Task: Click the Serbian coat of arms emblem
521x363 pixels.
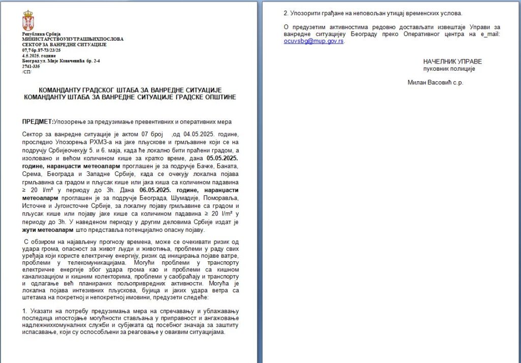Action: coord(28,20)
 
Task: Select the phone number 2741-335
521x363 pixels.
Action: coord(31,66)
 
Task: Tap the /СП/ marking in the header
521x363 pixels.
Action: coord(26,72)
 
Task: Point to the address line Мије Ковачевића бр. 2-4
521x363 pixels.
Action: coord(71,61)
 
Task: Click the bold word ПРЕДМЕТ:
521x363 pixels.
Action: coord(37,122)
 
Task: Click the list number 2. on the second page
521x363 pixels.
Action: coord(286,13)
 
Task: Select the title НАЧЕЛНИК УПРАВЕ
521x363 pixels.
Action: coord(452,62)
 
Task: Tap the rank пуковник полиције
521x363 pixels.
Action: coord(449,69)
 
